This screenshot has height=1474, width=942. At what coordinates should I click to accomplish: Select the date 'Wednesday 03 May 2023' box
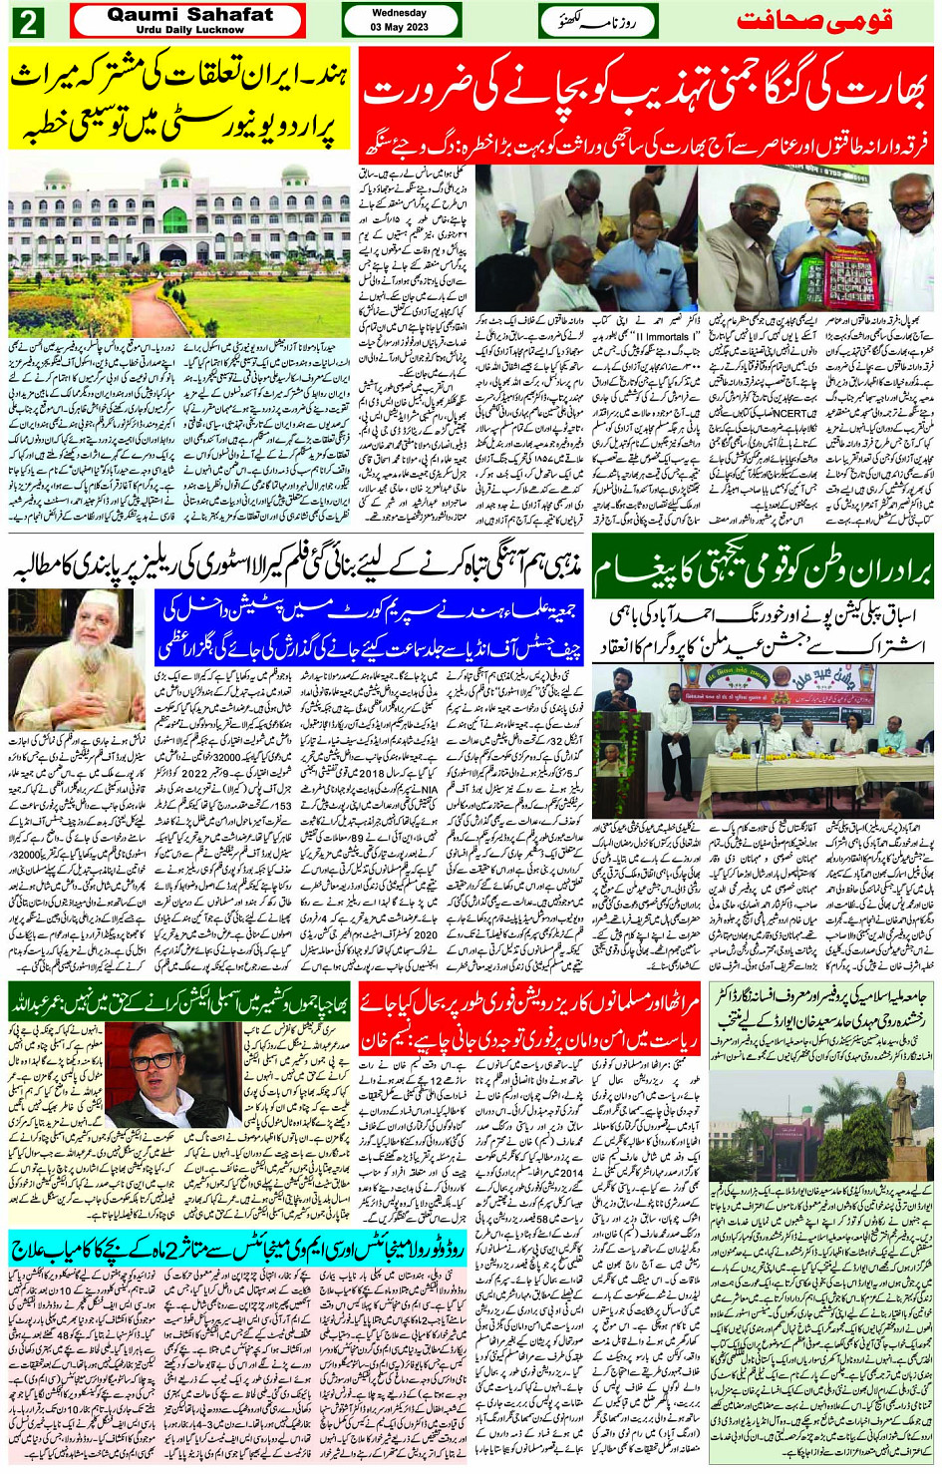399,20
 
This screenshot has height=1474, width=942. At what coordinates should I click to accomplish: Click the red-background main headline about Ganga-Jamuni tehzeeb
646,91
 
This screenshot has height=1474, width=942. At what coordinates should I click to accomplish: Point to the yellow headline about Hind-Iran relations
179,99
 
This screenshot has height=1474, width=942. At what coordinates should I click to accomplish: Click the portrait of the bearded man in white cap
78,658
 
